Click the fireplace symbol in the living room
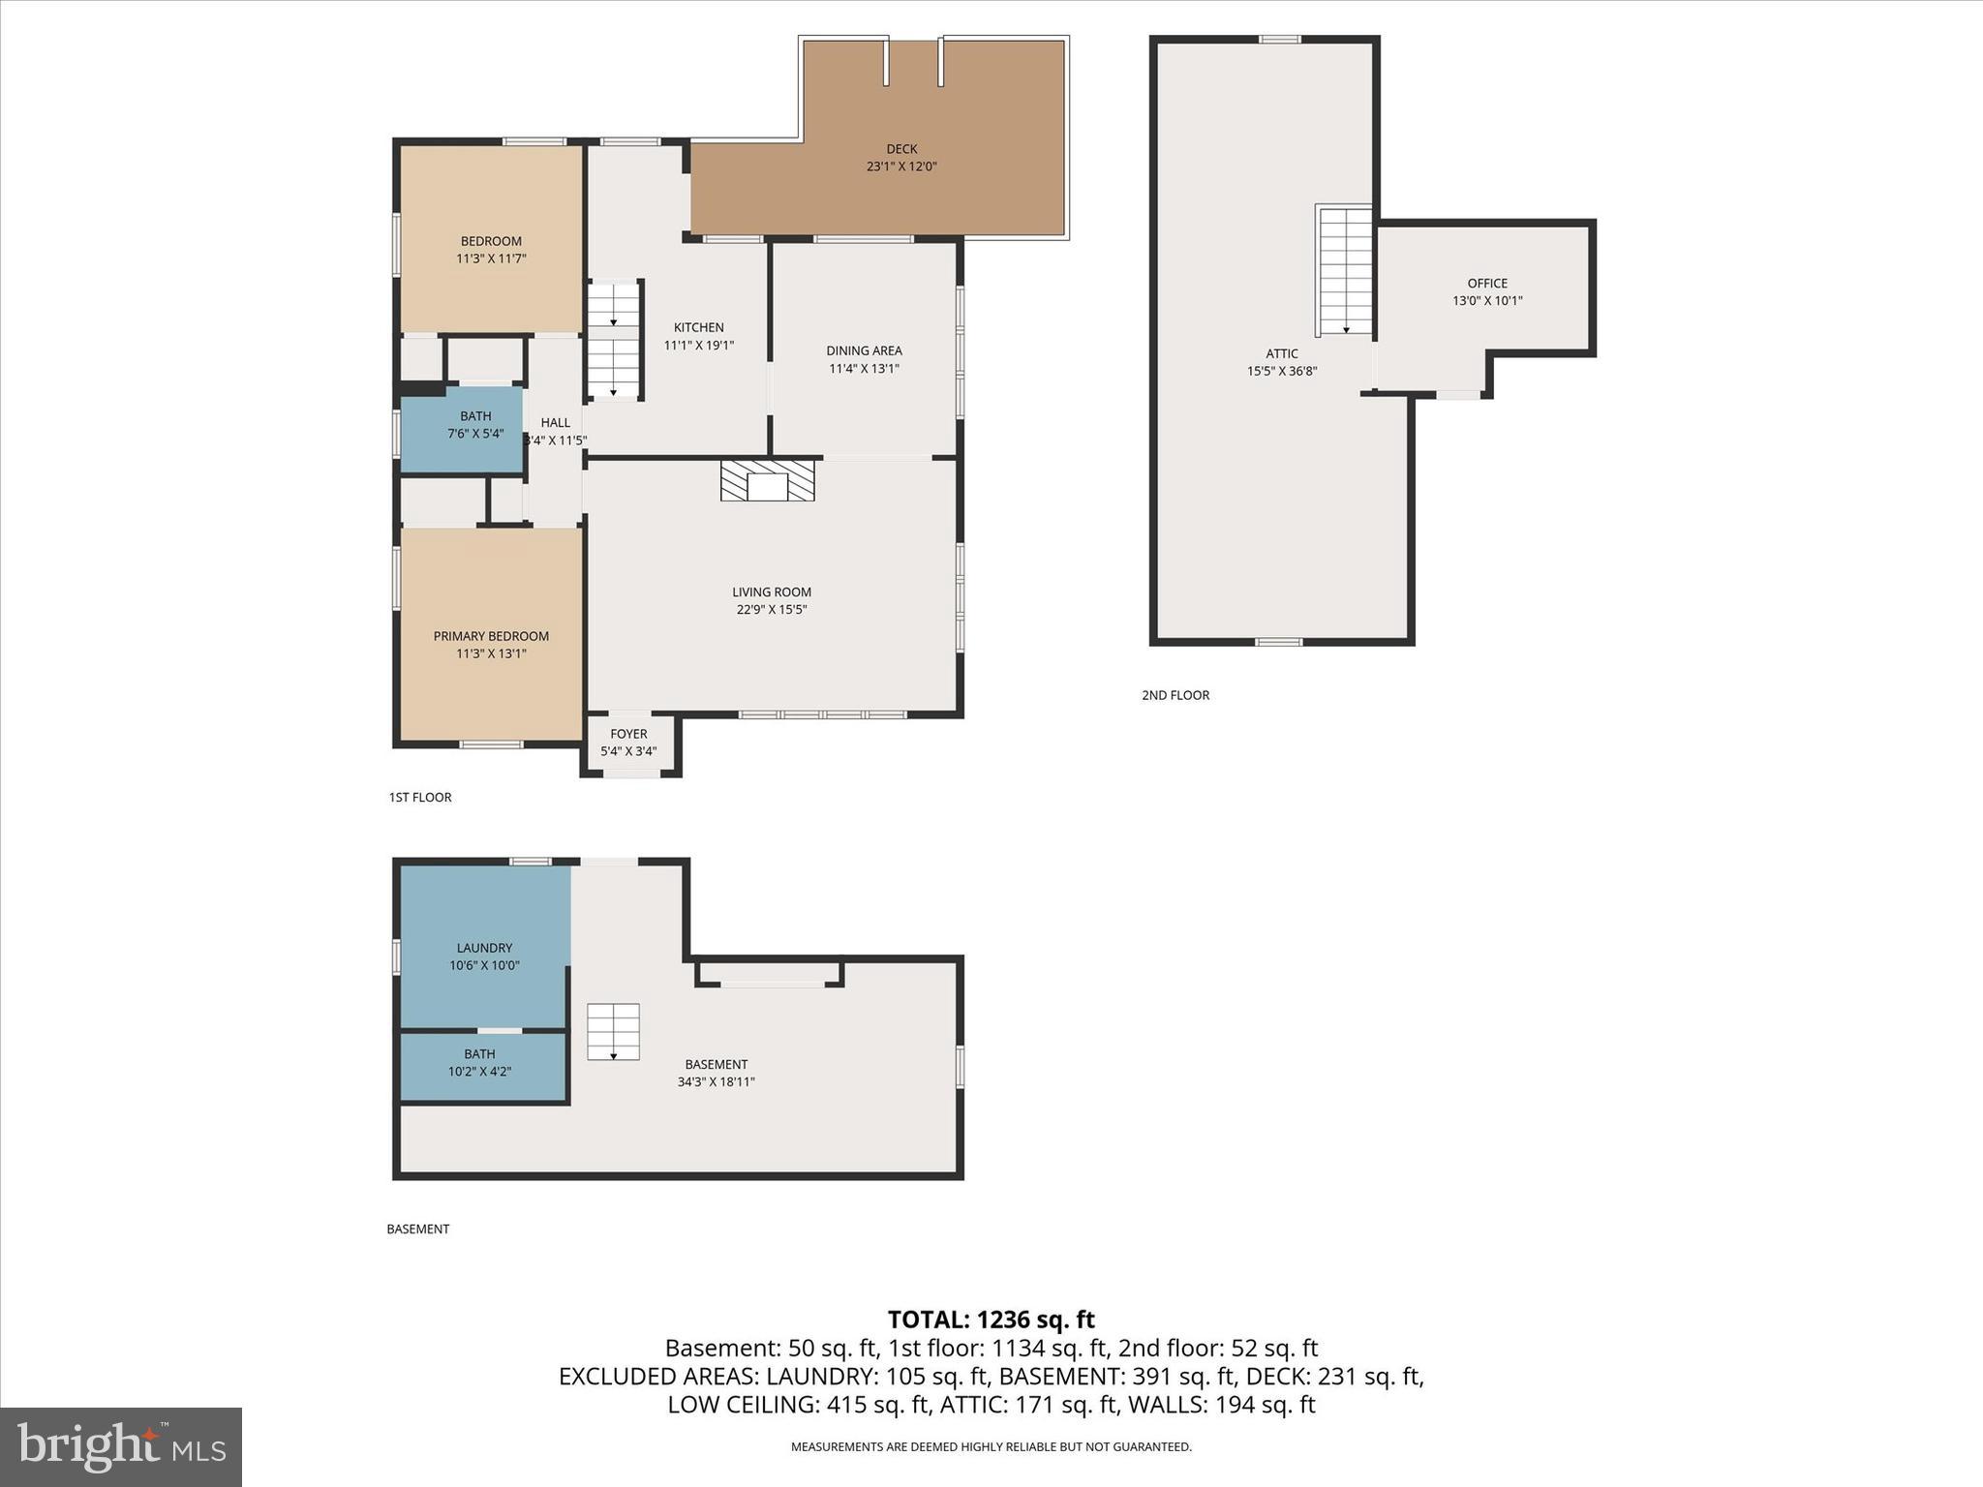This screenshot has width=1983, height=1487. point(767,481)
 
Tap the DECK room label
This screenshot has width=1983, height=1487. point(901,149)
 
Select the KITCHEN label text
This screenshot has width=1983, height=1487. point(698,328)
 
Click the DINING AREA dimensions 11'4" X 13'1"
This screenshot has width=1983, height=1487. point(864,369)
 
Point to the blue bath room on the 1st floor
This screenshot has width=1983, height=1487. point(463,430)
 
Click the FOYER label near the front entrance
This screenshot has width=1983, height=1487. point(628,734)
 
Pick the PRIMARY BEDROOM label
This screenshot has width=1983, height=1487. point(491,636)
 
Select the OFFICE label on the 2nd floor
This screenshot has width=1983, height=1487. point(1486,284)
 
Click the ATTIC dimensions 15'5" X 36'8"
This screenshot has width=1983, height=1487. point(1281,371)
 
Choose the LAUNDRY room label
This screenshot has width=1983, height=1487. point(484,948)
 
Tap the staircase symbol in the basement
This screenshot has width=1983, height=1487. point(613,1032)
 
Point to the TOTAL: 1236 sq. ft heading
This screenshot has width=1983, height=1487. point(991,1320)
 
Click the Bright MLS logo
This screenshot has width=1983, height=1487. point(121,1446)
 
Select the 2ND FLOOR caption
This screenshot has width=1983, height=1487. point(1175,695)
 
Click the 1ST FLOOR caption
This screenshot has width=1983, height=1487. point(420,798)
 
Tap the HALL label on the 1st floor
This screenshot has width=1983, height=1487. point(555,423)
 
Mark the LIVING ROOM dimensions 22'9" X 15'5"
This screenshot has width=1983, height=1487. point(771,610)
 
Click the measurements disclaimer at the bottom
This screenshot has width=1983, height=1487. point(991,1447)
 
